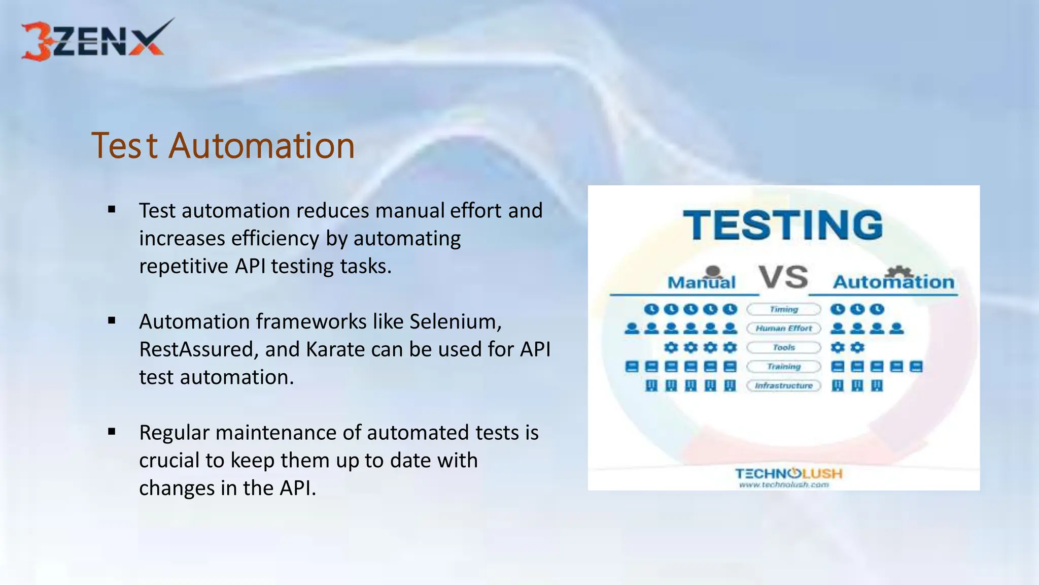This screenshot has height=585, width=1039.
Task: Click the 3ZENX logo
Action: coord(96,41)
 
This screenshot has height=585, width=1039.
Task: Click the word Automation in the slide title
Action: coord(261,146)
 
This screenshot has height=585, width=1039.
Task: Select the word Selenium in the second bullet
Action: coord(455,322)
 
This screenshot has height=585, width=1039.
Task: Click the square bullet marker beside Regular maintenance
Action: coord(112,432)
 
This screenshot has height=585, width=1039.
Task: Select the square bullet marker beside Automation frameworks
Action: coord(112,320)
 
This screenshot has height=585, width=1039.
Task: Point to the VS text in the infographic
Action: coord(783,277)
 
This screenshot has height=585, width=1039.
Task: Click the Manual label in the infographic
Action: coord(701,282)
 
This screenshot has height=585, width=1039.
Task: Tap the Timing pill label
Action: coord(783,309)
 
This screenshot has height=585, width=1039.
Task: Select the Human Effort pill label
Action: coord(783,329)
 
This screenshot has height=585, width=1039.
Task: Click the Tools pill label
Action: coord(783,348)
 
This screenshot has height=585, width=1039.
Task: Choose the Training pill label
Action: coord(783,367)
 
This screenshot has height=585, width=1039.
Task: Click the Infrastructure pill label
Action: coord(783,386)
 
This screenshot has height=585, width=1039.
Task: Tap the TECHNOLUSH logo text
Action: coord(788,474)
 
